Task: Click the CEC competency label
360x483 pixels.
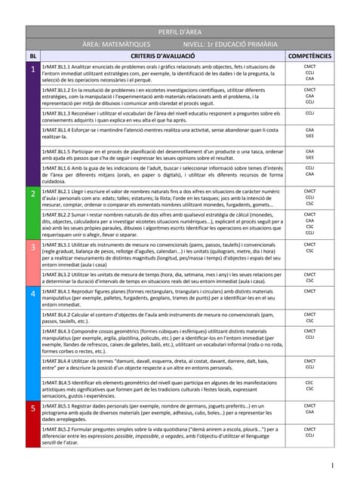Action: click(309, 383)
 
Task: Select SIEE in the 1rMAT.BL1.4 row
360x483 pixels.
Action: click(309, 136)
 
